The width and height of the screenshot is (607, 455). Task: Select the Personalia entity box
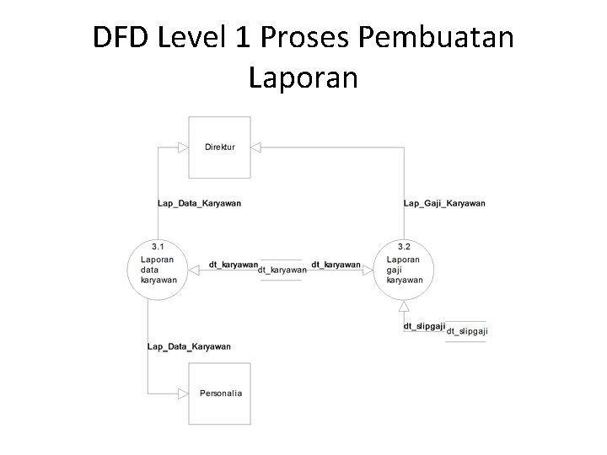(220, 393)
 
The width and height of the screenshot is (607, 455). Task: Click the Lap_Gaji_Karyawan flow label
(444, 203)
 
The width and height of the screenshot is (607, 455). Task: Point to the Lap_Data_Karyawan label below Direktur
(199, 203)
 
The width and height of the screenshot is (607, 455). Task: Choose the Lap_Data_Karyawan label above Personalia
(189, 346)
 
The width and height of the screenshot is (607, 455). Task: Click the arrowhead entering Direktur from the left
(183, 147)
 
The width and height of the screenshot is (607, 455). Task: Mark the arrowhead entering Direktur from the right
(257, 147)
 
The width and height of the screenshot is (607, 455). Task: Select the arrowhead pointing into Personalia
(183, 393)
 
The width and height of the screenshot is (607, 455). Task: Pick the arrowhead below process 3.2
(404, 306)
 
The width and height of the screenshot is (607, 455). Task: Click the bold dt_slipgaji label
(424, 325)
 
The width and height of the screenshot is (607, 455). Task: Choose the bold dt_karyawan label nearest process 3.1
(234, 265)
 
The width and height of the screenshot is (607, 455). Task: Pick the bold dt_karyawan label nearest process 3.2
(336, 265)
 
